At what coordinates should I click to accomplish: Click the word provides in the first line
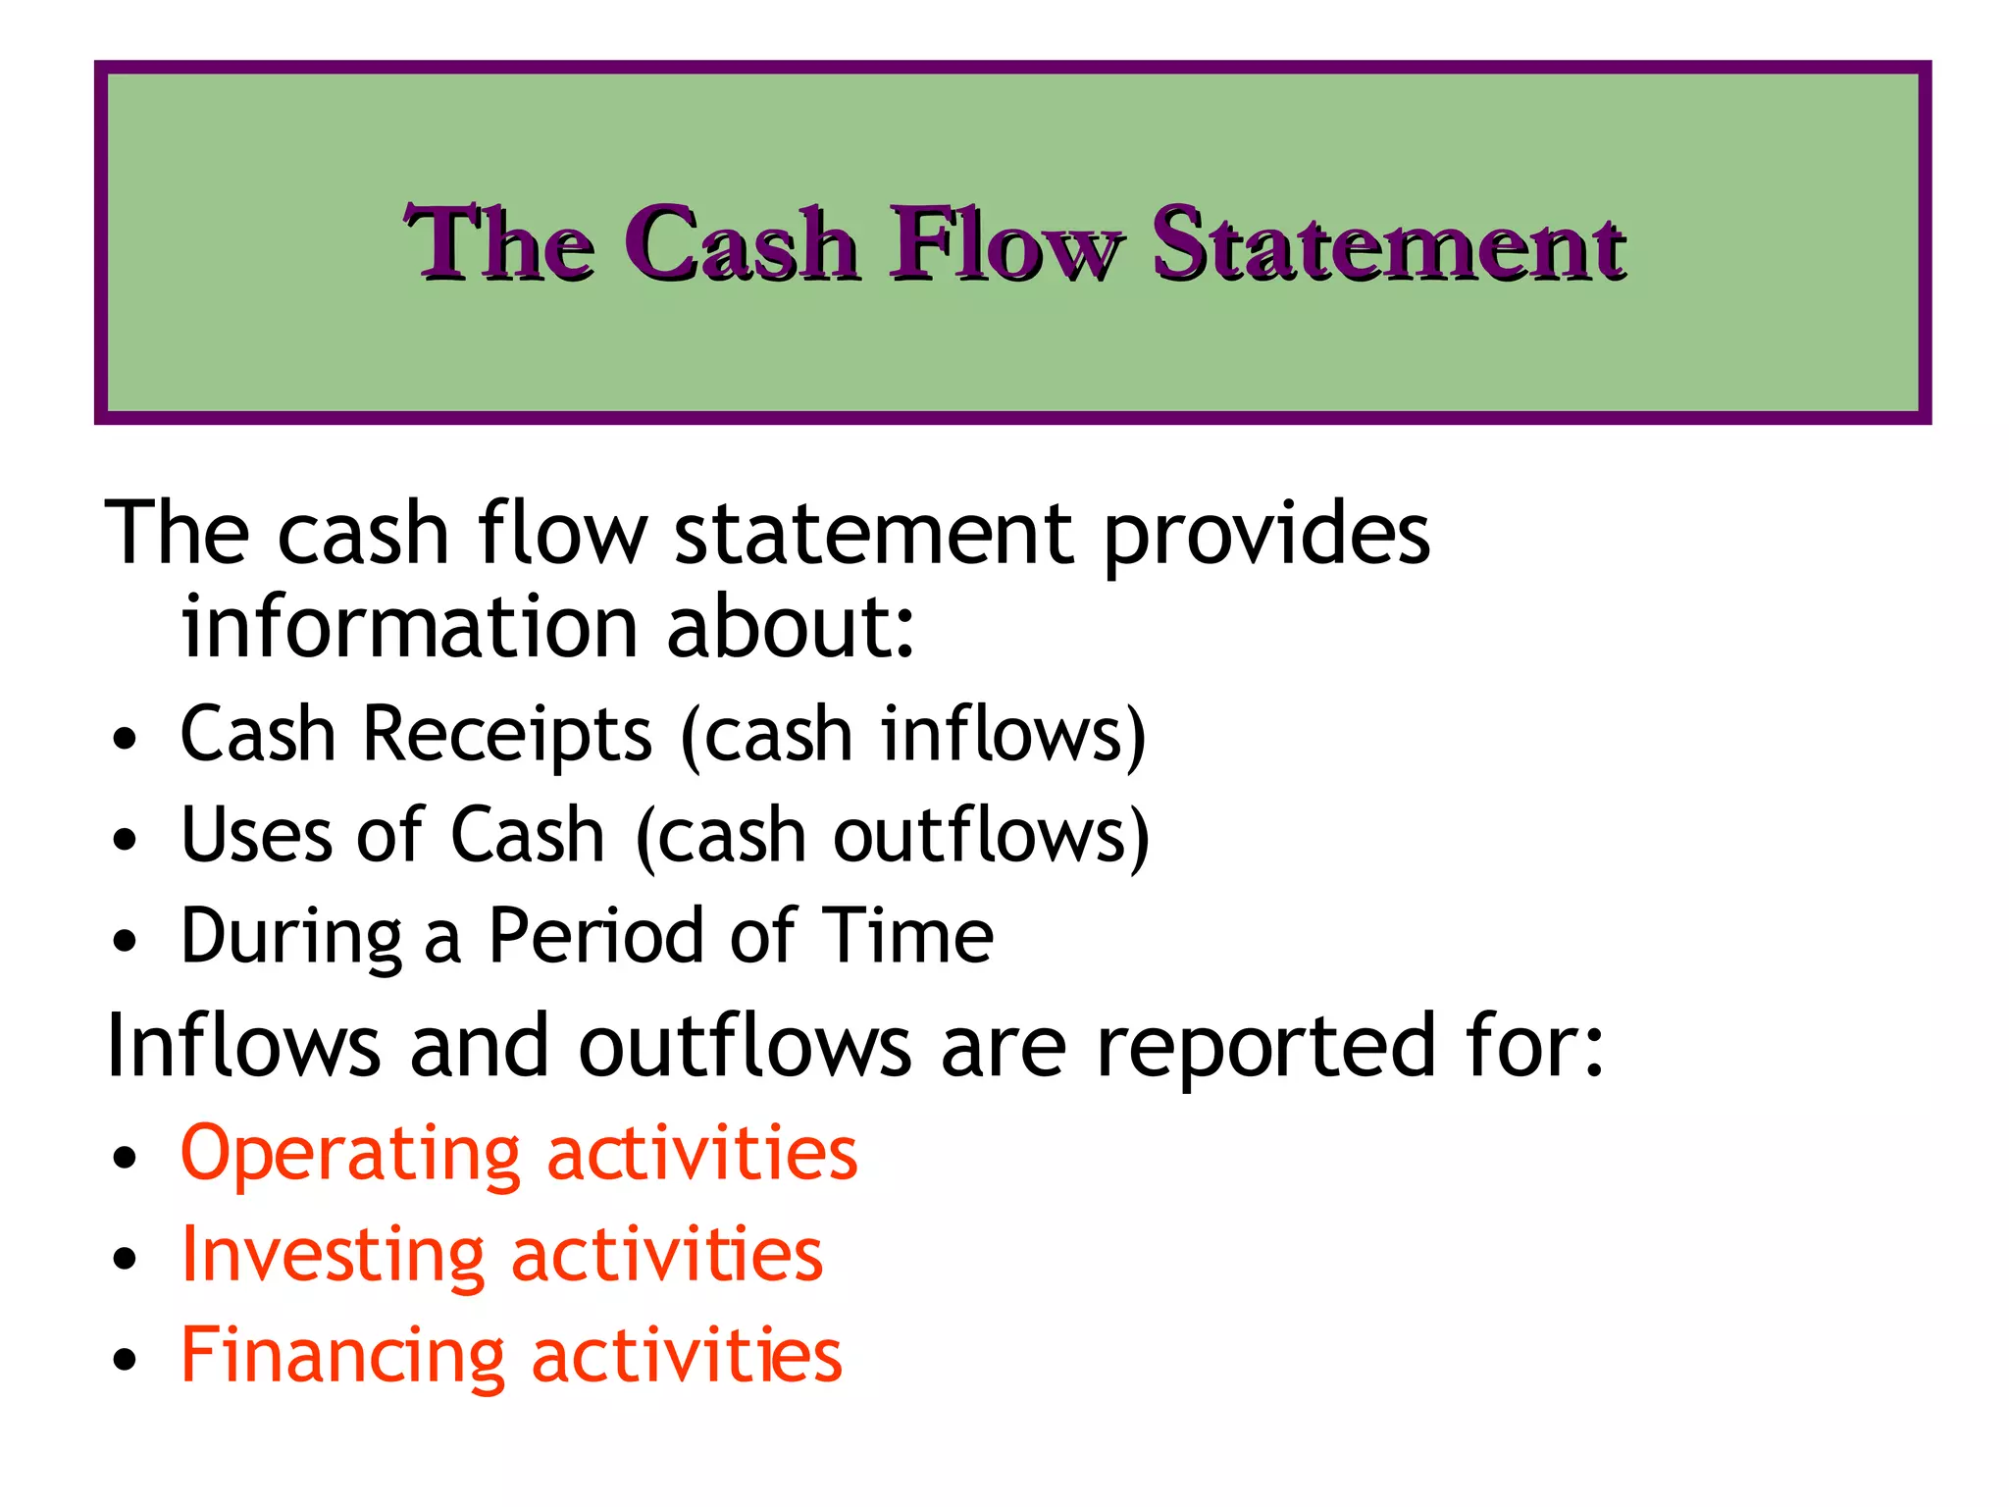(1265, 535)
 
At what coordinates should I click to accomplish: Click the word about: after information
(790, 626)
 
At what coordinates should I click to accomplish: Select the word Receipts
(507, 734)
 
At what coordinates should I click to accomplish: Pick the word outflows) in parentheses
(991, 835)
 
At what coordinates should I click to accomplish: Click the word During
(291, 937)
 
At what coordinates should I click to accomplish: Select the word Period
(594, 937)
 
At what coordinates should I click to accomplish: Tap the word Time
(906, 937)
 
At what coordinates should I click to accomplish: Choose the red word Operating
(350, 1155)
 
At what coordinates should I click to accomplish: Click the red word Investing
(333, 1256)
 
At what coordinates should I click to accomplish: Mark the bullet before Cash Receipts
(125, 738)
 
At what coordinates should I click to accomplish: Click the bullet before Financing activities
(125, 1360)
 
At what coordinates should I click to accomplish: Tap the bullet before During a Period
(125, 941)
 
